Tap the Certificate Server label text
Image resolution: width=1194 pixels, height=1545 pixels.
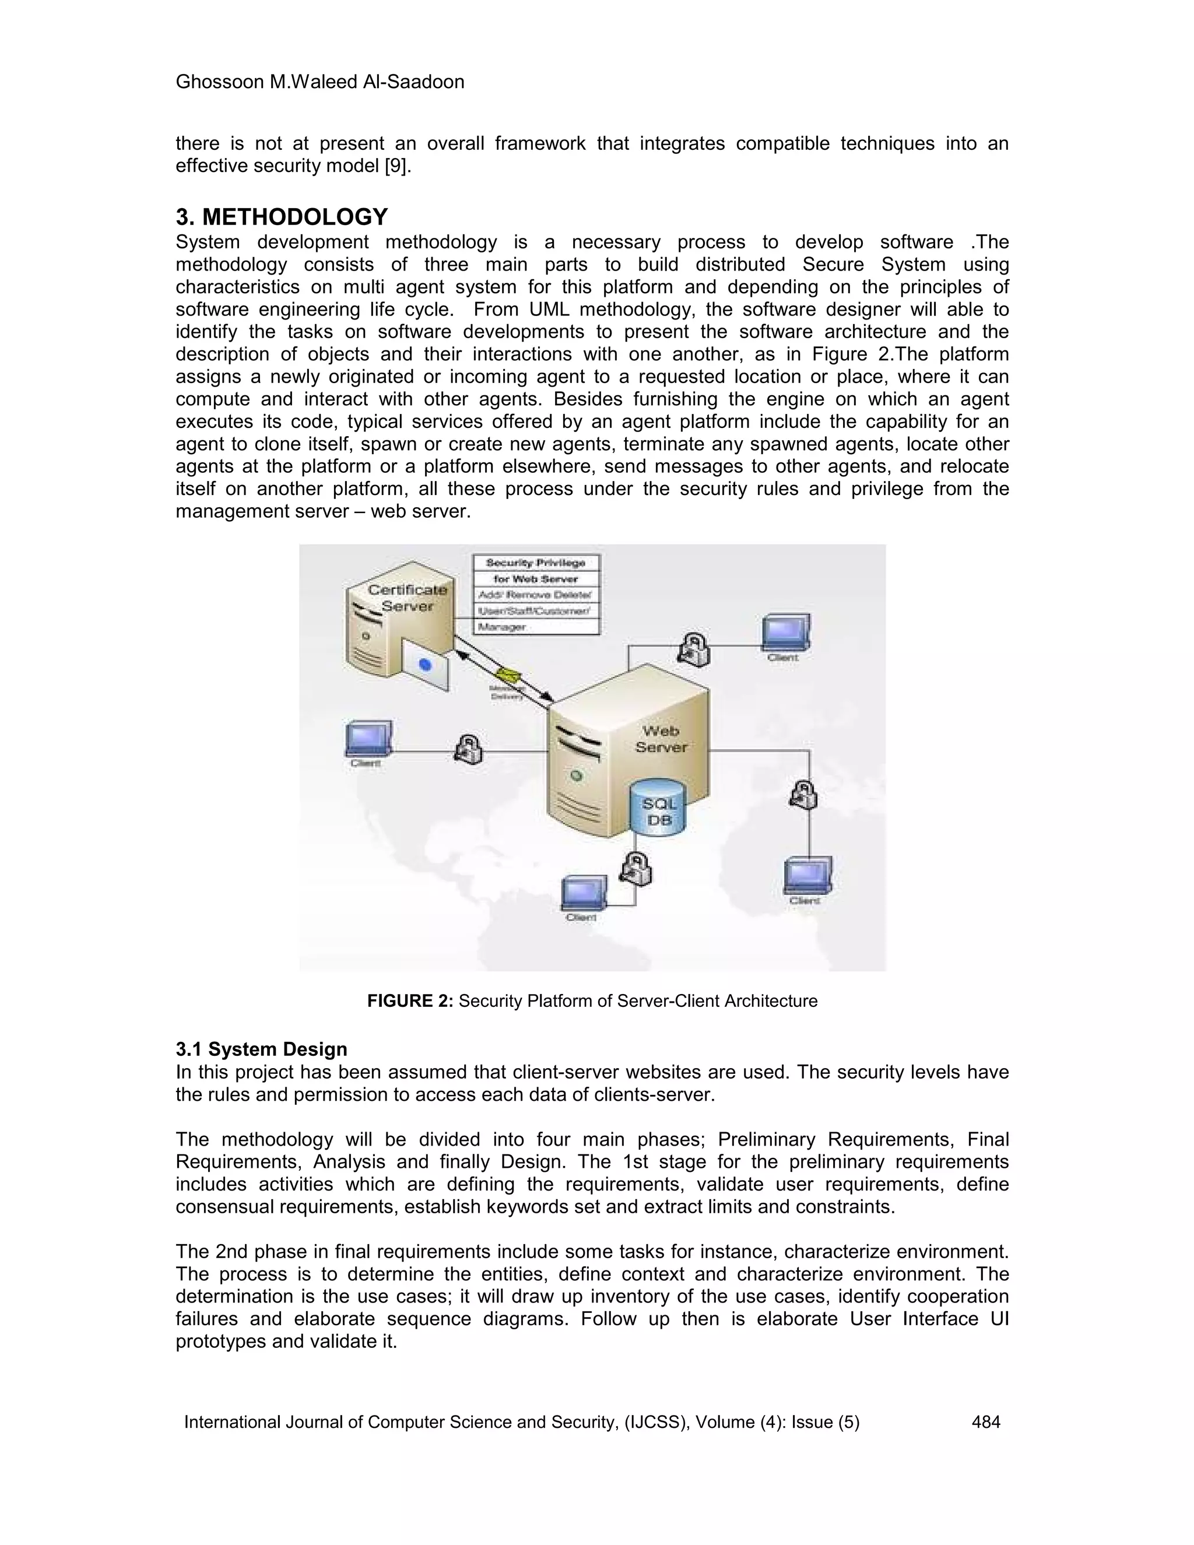(x=408, y=598)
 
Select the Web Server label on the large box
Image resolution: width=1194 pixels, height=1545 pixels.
(x=661, y=739)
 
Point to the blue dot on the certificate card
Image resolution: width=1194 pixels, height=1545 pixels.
(x=425, y=664)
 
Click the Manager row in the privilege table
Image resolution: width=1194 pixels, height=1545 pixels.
(x=501, y=627)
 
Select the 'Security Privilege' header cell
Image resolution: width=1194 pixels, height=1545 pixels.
(x=535, y=563)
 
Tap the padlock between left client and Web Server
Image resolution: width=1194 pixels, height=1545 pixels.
(x=468, y=749)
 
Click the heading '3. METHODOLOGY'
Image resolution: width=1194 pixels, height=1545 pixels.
(x=282, y=216)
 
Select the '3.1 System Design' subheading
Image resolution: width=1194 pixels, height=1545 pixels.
(x=261, y=1049)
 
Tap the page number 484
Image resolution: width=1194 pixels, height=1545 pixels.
(x=986, y=1422)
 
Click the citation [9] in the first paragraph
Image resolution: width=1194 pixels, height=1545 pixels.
(x=397, y=166)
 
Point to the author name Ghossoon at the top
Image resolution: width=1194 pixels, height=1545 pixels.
(x=220, y=82)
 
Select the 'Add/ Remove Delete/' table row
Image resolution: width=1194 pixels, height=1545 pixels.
(x=535, y=595)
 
